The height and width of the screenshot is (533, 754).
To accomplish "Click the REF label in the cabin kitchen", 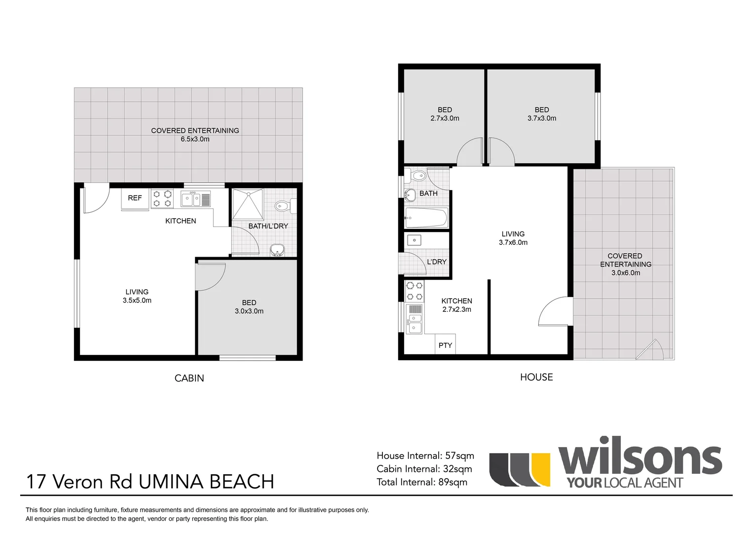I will (135, 198).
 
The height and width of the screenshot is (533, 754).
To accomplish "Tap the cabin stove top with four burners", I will (162, 198).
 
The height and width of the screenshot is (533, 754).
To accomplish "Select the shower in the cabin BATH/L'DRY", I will (248, 204).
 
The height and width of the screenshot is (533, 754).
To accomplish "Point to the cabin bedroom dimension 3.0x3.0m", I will (249, 311).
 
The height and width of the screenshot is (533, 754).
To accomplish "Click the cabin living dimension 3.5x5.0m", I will (137, 300).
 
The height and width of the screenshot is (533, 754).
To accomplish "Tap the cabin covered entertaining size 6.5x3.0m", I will (195, 139).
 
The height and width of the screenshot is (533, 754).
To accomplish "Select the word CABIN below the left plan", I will (189, 378).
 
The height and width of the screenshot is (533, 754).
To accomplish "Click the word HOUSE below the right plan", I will (536, 377).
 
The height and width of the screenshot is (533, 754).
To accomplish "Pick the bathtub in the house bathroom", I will (426, 218).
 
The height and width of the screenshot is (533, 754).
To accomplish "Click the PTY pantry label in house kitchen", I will (445, 345).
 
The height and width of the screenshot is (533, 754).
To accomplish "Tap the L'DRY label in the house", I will (437, 262).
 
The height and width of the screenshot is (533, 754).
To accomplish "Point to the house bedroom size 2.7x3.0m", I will (445, 118).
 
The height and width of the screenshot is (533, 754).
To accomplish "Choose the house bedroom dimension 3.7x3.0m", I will (541, 118).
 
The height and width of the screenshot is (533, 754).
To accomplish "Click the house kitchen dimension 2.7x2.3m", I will (456, 309).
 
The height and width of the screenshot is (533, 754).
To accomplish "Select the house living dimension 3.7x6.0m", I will (513, 242).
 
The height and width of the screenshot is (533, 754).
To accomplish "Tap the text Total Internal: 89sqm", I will (422, 482).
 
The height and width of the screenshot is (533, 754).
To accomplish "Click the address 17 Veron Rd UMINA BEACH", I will (150, 482).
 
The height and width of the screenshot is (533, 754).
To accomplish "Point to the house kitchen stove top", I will (414, 291).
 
